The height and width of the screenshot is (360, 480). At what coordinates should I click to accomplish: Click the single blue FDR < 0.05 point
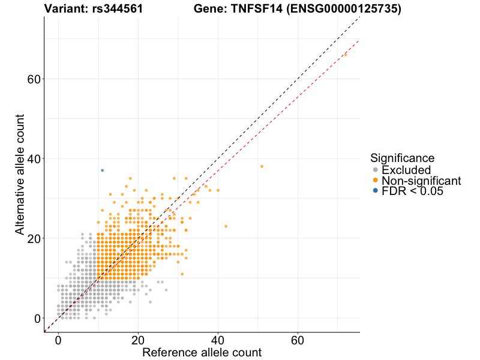[x=103, y=170]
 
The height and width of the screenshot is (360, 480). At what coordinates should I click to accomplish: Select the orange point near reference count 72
[x=345, y=55]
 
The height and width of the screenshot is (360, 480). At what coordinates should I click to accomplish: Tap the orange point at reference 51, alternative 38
[x=262, y=166]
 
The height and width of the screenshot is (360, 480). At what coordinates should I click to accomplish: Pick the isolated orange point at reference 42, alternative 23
[x=226, y=226]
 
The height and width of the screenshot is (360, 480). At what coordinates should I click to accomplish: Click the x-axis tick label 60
[x=298, y=340]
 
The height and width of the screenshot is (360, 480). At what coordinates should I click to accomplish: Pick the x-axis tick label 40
[x=218, y=340]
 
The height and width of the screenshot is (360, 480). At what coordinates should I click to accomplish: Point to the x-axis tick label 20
[x=138, y=340]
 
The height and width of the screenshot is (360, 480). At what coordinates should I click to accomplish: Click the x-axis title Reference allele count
[x=202, y=352]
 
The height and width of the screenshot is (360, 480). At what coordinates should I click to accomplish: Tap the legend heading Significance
[x=402, y=158]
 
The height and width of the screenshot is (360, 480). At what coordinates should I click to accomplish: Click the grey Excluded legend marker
[x=376, y=170]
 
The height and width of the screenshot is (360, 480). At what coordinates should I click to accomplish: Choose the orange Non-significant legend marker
[x=376, y=181]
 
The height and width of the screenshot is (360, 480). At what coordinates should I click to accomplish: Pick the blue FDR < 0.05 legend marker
[x=376, y=191]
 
